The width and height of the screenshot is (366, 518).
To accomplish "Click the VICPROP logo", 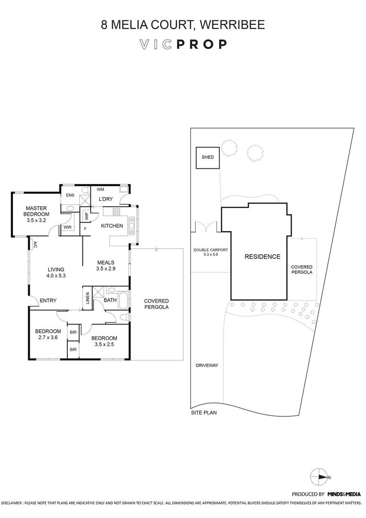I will point(183,45).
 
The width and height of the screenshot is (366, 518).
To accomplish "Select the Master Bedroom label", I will point(36,212).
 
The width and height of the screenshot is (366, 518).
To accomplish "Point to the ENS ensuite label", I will point(70,195).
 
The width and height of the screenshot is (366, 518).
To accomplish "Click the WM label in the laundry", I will point(101,189).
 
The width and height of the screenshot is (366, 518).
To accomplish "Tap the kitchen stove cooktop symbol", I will point(116,212).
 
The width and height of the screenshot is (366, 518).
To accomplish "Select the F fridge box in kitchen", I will point(86,229).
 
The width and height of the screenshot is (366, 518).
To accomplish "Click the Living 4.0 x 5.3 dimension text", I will point(56,276).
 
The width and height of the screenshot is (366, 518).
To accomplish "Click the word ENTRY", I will point(48,301).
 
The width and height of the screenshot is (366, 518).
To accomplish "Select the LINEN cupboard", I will point(87,298).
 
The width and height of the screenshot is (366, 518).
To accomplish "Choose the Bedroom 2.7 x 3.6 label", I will point(48,334).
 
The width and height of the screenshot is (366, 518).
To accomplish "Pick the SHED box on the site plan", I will point(207,158).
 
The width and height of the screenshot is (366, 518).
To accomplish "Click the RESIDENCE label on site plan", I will point(262,257).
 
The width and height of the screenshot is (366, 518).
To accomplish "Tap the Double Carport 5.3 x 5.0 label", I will point(211,253).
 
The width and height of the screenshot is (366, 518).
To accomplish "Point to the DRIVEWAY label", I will point(207,365).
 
